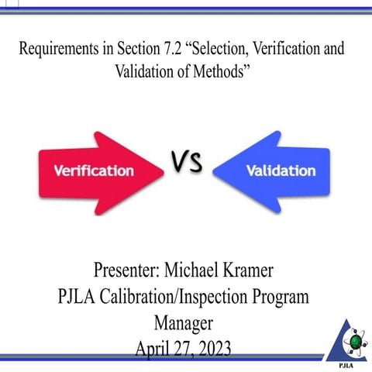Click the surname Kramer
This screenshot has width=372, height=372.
tap(272, 272)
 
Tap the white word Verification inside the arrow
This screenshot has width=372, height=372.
tap(93, 170)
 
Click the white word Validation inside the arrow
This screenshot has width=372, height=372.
tap(280, 170)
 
